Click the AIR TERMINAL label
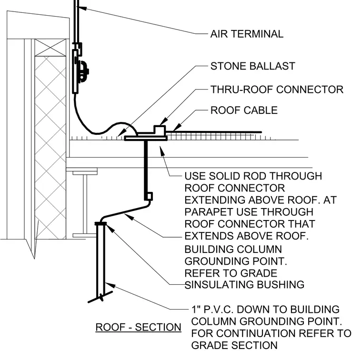click(x=247, y=34)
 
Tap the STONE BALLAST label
click(x=253, y=66)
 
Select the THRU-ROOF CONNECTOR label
click(x=277, y=90)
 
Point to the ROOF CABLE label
click(x=244, y=110)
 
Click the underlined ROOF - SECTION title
click(x=138, y=327)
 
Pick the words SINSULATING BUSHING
click(x=244, y=285)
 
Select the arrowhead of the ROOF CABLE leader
click(x=177, y=128)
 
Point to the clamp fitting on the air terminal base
click(x=83, y=71)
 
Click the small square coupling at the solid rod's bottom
click(x=149, y=196)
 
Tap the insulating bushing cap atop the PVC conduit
click(x=101, y=223)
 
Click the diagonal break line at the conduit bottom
click(x=101, y=297)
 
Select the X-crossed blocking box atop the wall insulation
click(x=50, y=47)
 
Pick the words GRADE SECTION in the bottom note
click(x=234, y=345)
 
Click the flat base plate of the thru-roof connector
click(x=146, y=138)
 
